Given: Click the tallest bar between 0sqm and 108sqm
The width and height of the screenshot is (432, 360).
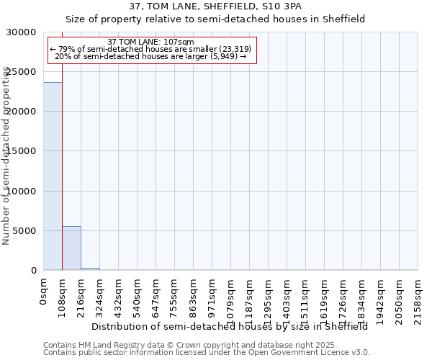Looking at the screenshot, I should (53, 176).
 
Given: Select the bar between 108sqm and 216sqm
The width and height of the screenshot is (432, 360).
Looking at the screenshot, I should (71, 248).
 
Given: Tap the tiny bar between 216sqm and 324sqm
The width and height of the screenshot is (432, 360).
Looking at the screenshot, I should (90, 269).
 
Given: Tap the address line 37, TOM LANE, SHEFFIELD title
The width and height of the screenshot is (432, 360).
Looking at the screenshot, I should (215, 6).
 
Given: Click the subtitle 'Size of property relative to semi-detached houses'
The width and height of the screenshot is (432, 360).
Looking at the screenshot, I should (215, 19).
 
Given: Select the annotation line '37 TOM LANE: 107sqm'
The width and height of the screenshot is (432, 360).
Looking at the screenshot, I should (150, 42).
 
